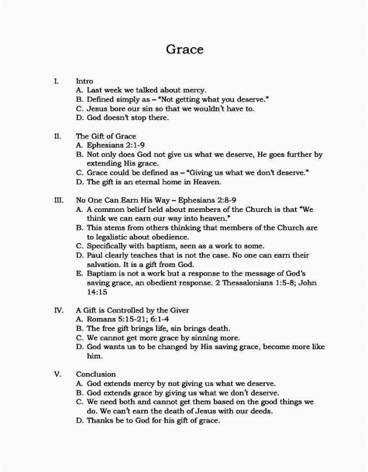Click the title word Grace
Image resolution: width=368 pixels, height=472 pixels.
[x=185, y=49]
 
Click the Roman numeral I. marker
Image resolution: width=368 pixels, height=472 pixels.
[x=55, y=82]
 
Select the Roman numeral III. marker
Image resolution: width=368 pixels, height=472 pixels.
[x=57, y=201]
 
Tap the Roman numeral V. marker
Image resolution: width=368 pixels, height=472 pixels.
[x=57, y=374]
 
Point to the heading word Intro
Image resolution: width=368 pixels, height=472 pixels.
[x=84, y=82]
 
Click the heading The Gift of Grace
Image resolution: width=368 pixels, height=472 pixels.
[x=106, y=137]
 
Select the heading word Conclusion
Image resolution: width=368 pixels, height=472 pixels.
[x=95, y=374]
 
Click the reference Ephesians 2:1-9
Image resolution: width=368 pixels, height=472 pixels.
[x=112, y=146]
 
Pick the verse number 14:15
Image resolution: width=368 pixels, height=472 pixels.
[x=97, y=292]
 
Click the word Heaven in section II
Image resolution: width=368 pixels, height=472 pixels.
[x=205, y=183]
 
